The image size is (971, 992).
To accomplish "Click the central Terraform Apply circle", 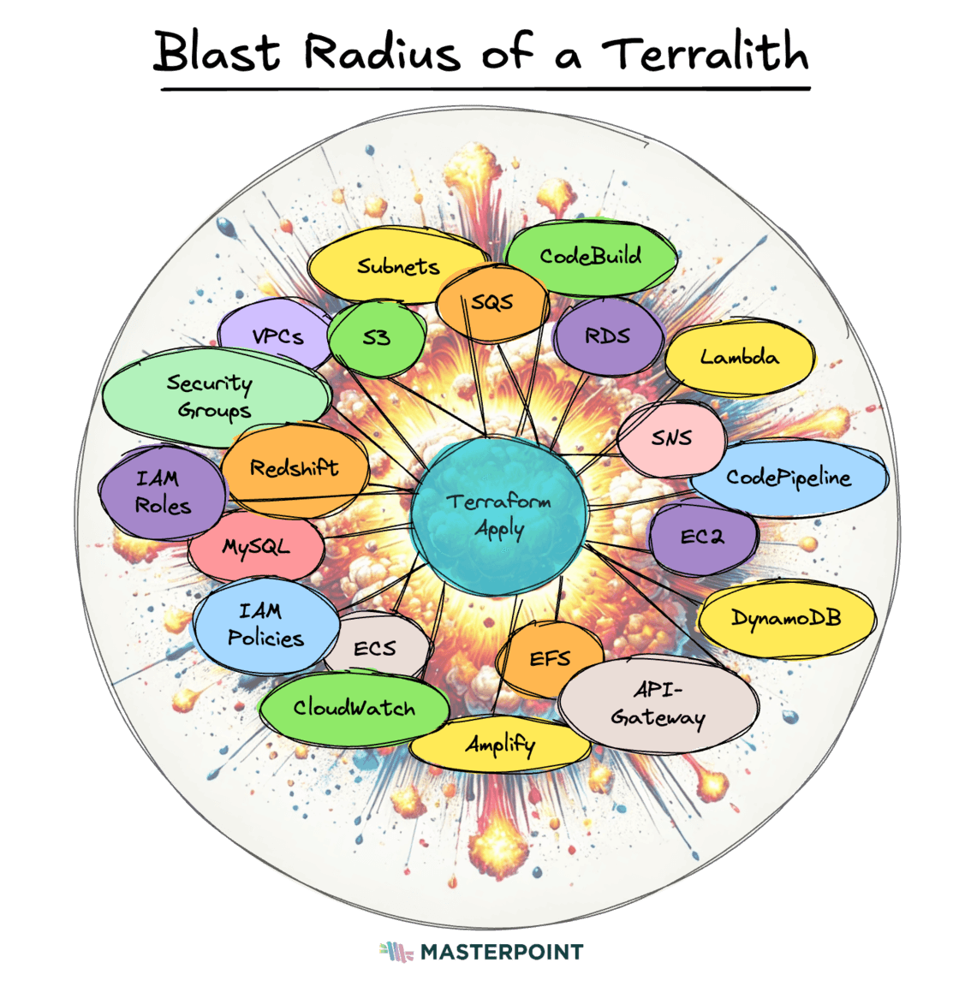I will [499, 515].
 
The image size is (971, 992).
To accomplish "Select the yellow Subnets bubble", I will [397, 266].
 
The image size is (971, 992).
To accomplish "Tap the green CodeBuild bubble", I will [590, 256].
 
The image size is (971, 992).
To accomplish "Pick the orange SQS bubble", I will [492, 303].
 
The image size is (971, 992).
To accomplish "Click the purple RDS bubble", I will [608, 336].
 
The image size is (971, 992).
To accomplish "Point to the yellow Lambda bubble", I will [740, 357].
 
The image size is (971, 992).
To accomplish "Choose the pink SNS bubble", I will [672, 438].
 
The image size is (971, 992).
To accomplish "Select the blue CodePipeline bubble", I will [788, 478].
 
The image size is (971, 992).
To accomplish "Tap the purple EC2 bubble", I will [702, 537].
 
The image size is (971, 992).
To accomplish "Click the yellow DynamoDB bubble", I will [786, 618].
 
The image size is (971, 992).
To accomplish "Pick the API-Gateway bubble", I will [658, 704].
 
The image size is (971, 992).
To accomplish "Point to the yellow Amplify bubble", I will [500, 744].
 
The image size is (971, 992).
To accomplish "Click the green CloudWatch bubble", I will [354, 708].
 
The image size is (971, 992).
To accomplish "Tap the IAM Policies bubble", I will [265, 625].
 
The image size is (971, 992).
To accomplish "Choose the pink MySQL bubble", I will [256, 547].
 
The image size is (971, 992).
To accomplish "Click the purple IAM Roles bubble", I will [163, 492].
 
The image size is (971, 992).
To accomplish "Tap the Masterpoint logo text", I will [501, 952].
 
